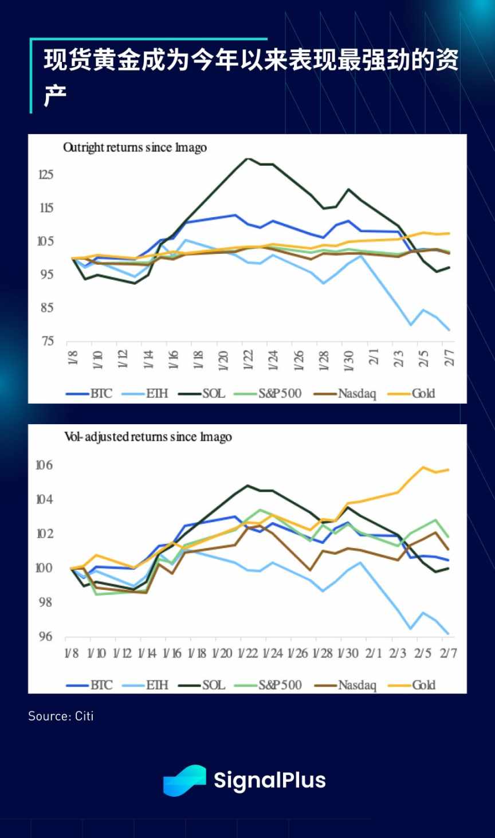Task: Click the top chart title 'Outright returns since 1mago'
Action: click(x=135, y=148)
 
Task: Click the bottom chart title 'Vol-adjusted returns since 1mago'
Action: click(x=148, y=437)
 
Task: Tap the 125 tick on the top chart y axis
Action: click(x=46, y=174)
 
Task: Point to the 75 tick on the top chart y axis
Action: click(x=48, y=341)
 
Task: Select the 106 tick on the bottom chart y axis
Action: click(x=44, y=465)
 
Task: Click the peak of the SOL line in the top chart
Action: click(x=247, y=158)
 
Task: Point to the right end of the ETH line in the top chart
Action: click(x=449, y=330)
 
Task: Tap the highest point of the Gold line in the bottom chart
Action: click(x=423, y=467)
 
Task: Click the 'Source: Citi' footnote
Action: click(x=61, y=716)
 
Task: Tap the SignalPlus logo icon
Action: click(x=184, y=780)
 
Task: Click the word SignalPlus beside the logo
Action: click(x=269, y=780)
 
